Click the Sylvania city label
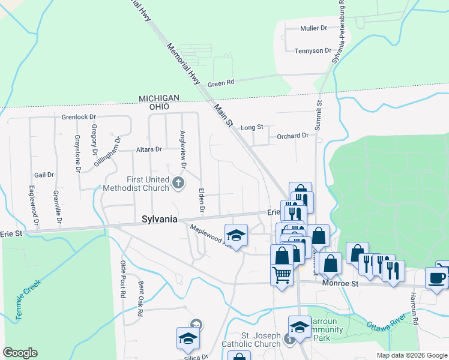tap(159, 220)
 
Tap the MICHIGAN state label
tap(159, 98)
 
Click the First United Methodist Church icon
tap(178, 182)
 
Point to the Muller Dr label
tap(314, 28)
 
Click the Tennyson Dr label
tap(313, 51)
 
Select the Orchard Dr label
tap(292, 136)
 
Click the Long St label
tap(252, 127)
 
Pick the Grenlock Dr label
tap(79, 116)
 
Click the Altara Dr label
tap(149, 149)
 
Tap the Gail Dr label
tap(44, 175)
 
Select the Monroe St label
tap(340, 283)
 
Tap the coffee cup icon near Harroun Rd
tap(437, 278)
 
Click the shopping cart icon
tap(282, 275)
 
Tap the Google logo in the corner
tap(20, 353)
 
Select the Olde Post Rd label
tap(122, 279)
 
